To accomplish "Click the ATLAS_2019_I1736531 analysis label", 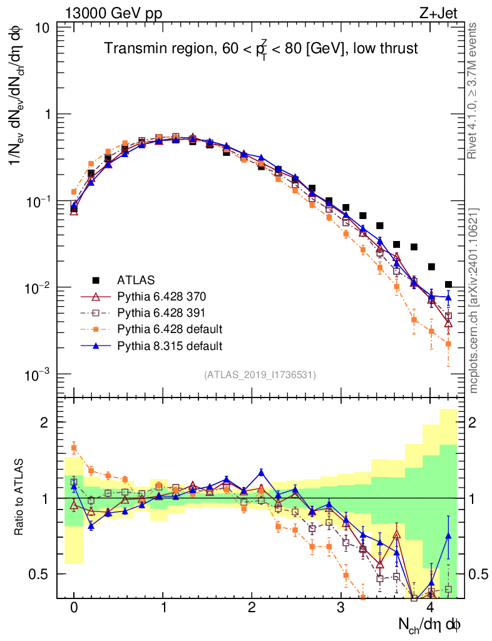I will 260,375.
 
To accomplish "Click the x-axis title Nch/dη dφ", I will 431,624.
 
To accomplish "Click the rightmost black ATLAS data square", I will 448,285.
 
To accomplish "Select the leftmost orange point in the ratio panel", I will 74,448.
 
